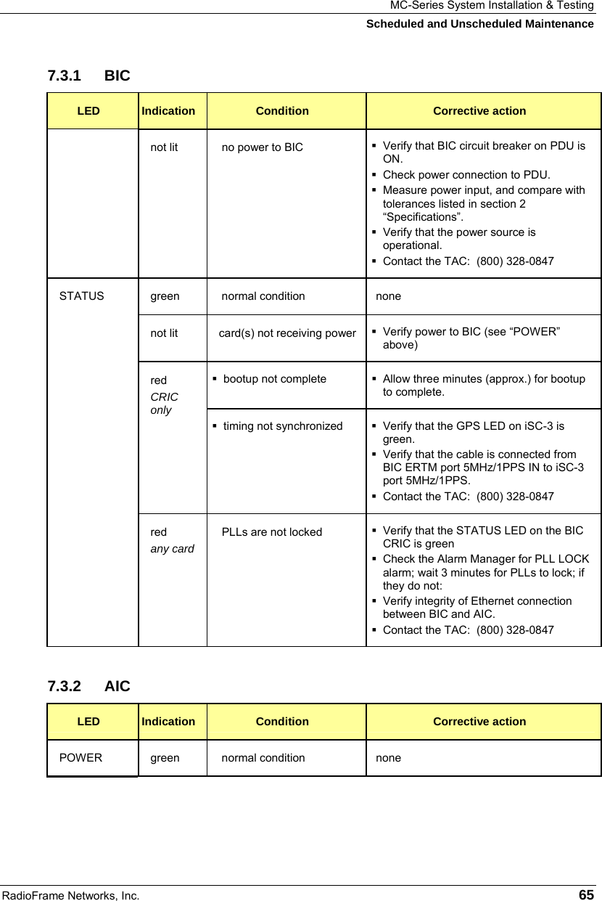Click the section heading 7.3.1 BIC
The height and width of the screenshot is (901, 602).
click(88, 76)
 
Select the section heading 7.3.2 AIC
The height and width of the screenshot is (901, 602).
click(88, 685)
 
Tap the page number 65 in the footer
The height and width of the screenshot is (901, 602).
click(586, 894)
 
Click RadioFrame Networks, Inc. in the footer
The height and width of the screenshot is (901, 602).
click(70, 895)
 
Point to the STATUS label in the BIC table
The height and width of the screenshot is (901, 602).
click(81, 296)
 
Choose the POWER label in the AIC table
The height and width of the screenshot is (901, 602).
click(81, 758)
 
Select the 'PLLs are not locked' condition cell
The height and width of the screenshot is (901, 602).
click(271, 532)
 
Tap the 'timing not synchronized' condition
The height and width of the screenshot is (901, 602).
click(283, 426)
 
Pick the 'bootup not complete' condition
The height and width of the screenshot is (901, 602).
click(274, 379)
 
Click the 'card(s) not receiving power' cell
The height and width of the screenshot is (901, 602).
click(287, 333)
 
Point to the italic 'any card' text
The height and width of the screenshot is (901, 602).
click(172, 548)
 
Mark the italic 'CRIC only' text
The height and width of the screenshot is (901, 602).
click(164, 404)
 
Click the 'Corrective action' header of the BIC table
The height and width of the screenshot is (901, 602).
click(479, 111)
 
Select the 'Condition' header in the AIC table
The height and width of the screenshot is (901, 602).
click(282, 722)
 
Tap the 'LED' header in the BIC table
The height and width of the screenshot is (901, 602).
click(88, 111)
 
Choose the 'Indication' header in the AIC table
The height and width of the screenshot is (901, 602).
click(168, 722)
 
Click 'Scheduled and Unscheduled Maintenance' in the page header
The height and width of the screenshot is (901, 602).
click(479, 24)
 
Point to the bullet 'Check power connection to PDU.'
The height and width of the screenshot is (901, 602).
click(466, 175)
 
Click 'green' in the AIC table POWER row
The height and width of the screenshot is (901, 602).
click(165, 758)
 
